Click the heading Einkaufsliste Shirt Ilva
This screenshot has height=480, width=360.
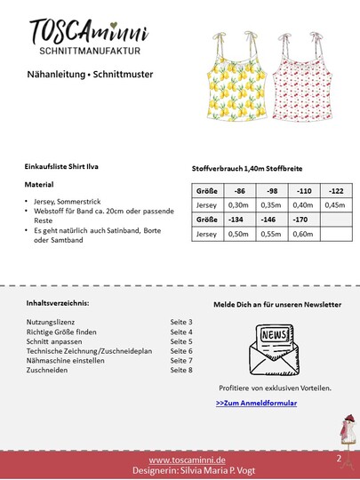[68, 166]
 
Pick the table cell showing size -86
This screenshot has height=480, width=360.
[238, 191]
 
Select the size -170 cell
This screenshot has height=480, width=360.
[302, 219]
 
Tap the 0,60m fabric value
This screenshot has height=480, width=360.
[302, 233]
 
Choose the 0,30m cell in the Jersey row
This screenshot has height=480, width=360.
[238, 205]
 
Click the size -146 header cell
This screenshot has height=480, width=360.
[270, 219]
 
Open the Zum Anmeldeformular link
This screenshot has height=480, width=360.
[256, 403]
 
